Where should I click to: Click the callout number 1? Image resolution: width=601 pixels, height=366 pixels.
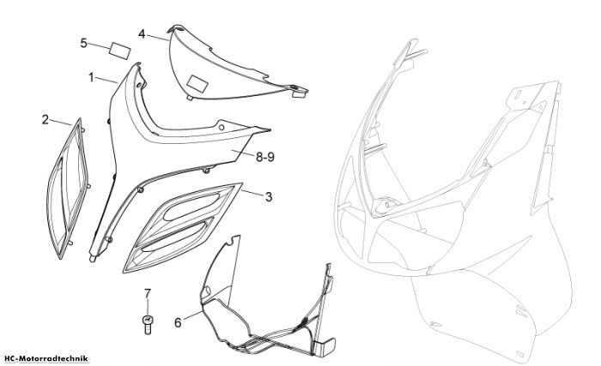(91, 77)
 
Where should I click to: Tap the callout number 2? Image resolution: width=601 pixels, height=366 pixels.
(46, 119)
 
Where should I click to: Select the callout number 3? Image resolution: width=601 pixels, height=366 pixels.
(269, 197)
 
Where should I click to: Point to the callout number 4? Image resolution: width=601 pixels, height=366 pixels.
(142, 34)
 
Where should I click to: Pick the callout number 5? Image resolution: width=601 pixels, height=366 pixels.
(83, 43)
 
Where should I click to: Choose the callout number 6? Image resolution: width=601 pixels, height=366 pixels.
(178, 323)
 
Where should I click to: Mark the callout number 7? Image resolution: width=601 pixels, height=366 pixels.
(148, 294)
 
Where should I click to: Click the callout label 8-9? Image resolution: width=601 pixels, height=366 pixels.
(265, 157)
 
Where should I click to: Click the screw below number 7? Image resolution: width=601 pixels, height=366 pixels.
(147, 324)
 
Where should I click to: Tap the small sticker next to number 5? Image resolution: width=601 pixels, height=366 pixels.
(120, 51)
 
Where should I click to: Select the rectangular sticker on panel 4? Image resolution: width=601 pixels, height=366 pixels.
(197, 84)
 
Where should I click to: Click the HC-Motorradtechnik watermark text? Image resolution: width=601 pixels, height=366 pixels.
(45, 359)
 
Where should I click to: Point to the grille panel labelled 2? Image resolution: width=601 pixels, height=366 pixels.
(68, 189)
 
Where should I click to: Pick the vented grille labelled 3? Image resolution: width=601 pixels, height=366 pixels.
(182, 228)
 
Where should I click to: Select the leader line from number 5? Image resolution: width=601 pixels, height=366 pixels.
(99, 46)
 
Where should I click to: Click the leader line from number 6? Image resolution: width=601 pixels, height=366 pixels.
(192, 315)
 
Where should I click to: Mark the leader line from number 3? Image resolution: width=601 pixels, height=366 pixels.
(252, 193)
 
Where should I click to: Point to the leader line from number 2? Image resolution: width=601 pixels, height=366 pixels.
(61, 123)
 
